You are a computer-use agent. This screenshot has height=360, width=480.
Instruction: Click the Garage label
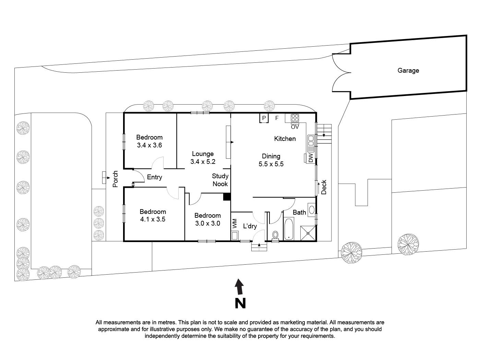pyautogui.click(x=408, y=71)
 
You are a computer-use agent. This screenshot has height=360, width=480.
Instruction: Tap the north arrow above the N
pyautogui.click(x=240, y=287)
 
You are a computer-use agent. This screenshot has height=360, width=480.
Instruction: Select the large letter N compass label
pyautogui.click(x=240, y=303)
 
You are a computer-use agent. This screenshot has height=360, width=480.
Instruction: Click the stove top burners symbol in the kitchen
pyautogui.click(x=295, y=118)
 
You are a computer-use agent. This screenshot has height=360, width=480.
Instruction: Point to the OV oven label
pyautogui.click(x=295, y=127)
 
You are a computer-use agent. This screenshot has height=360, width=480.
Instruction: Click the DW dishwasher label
pyautogui.click(x=311, y=158)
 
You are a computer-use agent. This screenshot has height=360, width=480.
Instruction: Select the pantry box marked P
pyautogui.click(x=264, y=118)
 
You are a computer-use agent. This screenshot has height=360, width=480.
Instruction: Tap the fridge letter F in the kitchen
pyautogui.click(x=277, y=118)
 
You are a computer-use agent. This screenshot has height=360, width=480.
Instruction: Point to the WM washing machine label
pyautogui.click(x=235, y=224)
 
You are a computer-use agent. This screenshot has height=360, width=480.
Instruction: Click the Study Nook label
pyautogui.click(x=220, y=180)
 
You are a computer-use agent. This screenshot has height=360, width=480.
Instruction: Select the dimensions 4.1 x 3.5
pyautogui.click(x=153, y=219)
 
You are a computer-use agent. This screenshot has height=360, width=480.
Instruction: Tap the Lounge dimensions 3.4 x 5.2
pyautogui.click(x=203, y=161)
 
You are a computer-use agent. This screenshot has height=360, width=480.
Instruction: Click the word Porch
pyautogui.click(x=116, y=179)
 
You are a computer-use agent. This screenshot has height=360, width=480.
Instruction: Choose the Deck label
pyautogui.click(x=324, y=187)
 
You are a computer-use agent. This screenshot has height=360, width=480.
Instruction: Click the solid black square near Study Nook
pyautogui.click(x=227, y=197)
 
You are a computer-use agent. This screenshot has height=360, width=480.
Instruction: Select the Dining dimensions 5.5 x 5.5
pyautogui.click(x=271, y=164)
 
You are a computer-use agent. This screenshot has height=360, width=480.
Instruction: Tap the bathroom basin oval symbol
pyautogui.click(x=312, y=209)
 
